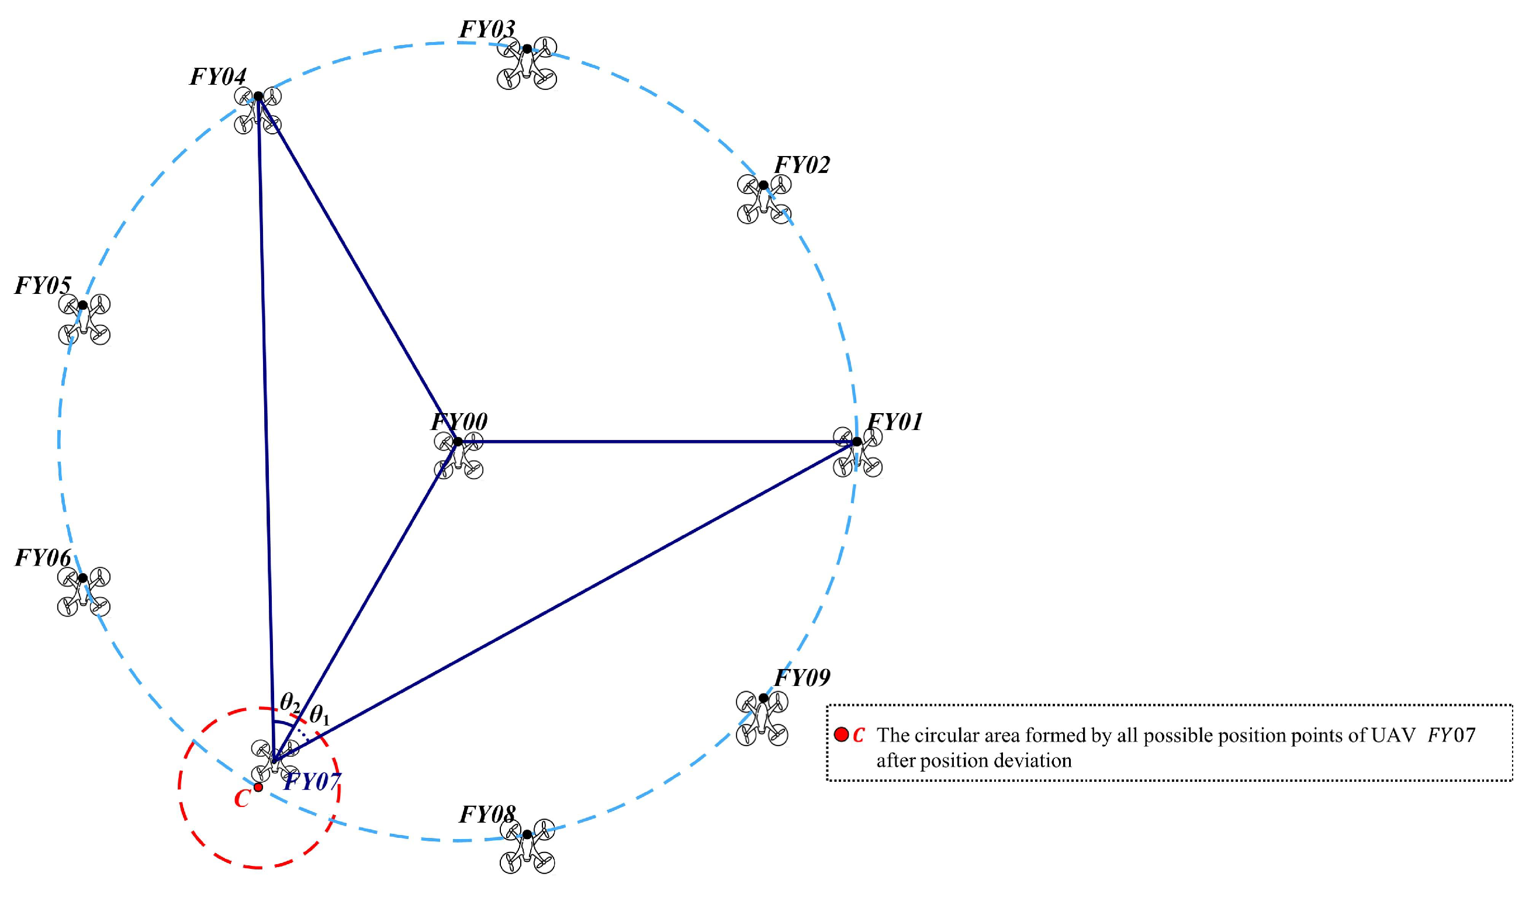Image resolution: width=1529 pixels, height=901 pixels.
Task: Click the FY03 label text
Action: point(487,29)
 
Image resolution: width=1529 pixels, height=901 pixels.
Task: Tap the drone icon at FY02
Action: point(764,199)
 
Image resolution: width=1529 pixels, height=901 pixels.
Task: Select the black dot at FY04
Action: point(258,96)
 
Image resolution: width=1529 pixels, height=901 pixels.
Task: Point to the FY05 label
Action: point(43,285)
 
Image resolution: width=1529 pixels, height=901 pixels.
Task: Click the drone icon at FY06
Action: point(84,591)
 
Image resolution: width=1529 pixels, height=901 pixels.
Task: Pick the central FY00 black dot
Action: point(458,441)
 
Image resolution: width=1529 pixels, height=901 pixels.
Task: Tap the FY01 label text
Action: point(895,421)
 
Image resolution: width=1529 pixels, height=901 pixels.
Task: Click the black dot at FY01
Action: point(857,441)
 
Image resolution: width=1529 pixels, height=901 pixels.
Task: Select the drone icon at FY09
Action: point(762,719)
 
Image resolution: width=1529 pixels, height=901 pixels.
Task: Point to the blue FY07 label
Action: point(312,781)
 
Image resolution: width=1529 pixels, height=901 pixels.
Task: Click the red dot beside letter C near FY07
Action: point(258,788)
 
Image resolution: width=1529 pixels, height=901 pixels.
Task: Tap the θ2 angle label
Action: point(290,702)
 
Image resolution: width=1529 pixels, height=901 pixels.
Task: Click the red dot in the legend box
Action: point(841,734)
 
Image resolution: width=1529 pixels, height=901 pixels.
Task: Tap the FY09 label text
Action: point(802,678)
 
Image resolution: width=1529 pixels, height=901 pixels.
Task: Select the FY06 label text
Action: point(43,558)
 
